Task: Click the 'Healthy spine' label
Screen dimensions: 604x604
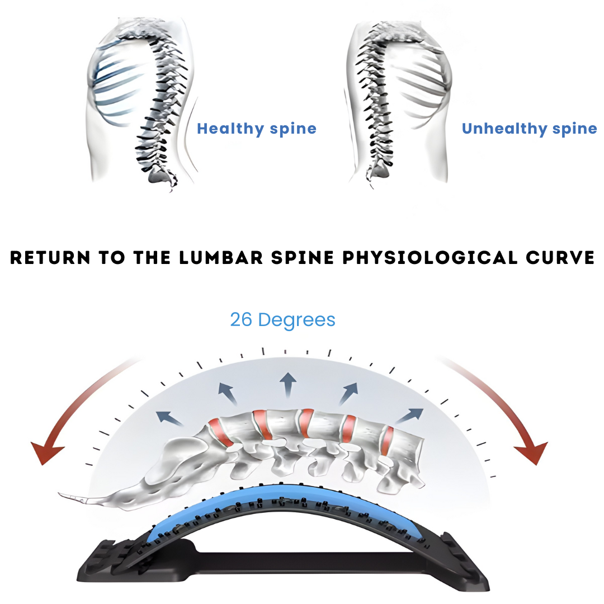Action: (257, 129)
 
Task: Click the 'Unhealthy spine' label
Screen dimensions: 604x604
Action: (529, 129)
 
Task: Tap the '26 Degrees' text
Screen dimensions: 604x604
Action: (282, 319)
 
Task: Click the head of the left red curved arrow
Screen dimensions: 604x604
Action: (46, 452)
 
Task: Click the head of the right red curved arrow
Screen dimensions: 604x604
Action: (532, 452)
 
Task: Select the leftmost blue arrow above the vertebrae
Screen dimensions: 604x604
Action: (166, 417)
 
